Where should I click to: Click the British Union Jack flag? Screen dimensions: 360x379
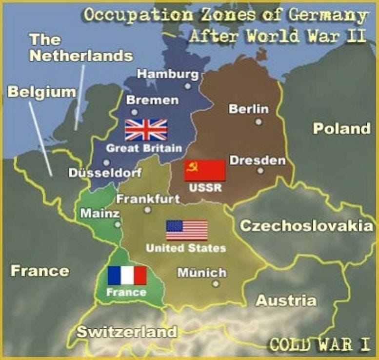146,130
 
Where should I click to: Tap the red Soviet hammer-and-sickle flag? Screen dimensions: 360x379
205,171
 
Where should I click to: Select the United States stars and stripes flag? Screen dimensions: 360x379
187,230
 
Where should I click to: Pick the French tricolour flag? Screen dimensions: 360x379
127,276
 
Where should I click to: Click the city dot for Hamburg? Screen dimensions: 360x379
187,86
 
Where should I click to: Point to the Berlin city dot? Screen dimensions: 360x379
259,122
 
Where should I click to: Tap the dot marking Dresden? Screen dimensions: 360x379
260,171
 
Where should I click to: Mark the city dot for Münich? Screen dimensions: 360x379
215,283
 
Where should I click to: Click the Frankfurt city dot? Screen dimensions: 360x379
147,210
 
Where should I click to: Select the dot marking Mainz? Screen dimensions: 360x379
117,225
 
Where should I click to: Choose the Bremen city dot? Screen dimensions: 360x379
135,112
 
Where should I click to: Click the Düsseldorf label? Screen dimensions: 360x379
105,173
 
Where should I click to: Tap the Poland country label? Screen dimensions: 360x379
341,129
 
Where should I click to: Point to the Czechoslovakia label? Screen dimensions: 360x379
306,226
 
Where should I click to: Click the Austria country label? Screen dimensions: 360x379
286,300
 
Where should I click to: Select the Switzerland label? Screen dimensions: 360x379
126,333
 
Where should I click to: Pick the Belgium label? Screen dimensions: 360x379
41,92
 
